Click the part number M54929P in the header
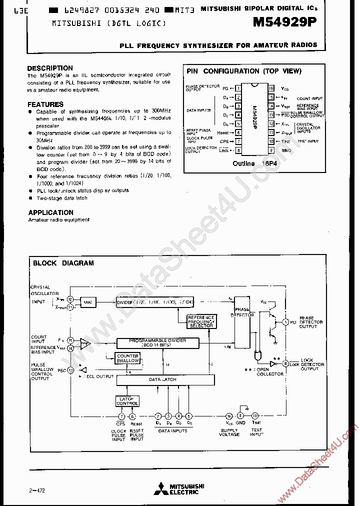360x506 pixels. tap(288, 23)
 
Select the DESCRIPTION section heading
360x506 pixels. tap(50, 68)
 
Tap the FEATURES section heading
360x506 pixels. tap(45, 104)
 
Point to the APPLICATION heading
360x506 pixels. tap(51, 212)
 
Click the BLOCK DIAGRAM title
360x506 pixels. tap(63, 263)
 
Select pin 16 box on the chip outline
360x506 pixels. tap(271, 88)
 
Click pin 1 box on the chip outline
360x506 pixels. tap(238, 88)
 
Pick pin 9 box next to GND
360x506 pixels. tap(271, 149)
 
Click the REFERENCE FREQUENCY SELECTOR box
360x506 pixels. tap(201, 321)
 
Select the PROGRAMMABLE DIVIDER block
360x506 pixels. tap(157, 343)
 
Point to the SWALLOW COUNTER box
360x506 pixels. tap(128, 358)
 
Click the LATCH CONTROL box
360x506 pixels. tap(127, 401)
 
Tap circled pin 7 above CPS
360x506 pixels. tap(121, 416)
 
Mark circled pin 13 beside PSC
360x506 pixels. tap(70, 370)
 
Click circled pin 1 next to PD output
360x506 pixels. tap(285, 322)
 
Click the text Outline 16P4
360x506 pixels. tap(250, 163)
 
